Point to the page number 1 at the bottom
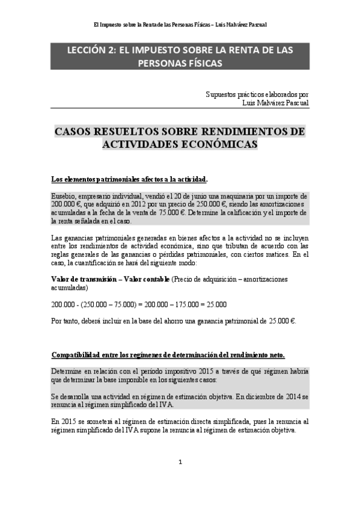click(x=180, y=462)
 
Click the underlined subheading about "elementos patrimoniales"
click(x=130, y=179)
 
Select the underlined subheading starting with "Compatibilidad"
click(x=168, y=354)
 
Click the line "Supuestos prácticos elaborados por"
click(x=257, y=94)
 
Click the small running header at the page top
click(x=180, y=25)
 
